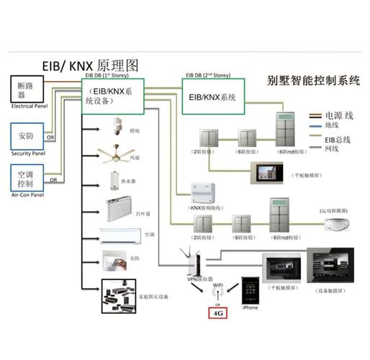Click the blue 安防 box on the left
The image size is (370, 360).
point(27,135)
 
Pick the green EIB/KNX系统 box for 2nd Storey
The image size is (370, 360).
point(212,96)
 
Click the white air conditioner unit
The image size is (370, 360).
point(119,235)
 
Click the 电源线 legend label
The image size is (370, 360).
point(340,114)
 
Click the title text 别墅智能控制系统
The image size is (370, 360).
point(312,81)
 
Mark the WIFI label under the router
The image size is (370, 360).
point(217,286)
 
